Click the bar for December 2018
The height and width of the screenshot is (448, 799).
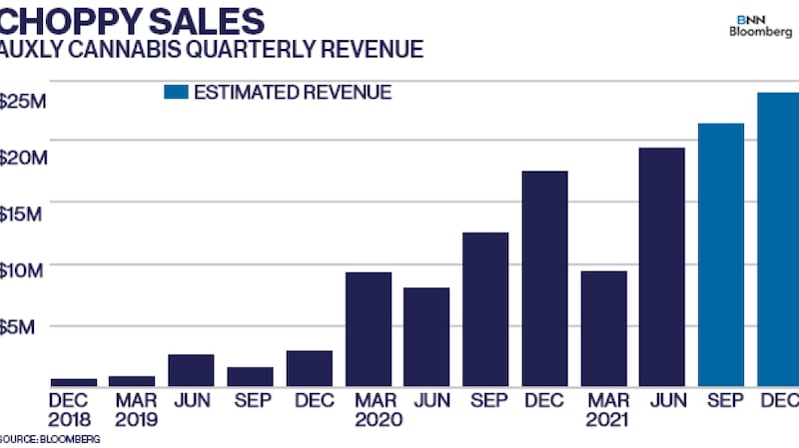pyautogui.click(x=73, y=381)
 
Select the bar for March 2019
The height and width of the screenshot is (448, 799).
pyautogui.click(x=132, y=380)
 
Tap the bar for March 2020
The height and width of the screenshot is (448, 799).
pyautogui.click(x=369, y=328)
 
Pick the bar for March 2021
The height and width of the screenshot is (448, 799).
pyautogui.click(x=604, y=328)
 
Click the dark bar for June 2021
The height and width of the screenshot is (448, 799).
pyautogui.click(x=662, y=266)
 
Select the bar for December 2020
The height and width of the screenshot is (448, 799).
pyautogui.click(x=545, y=277)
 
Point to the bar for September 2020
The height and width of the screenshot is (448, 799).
pyautogui.click(x=486, y=308)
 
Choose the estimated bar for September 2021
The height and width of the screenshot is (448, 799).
pyautogui.click(x=722, y=254)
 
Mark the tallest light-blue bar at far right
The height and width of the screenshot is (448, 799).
pyautogui.click(x=778, y=239)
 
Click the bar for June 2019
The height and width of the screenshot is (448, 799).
pyautogui.click(x=191, y=369)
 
